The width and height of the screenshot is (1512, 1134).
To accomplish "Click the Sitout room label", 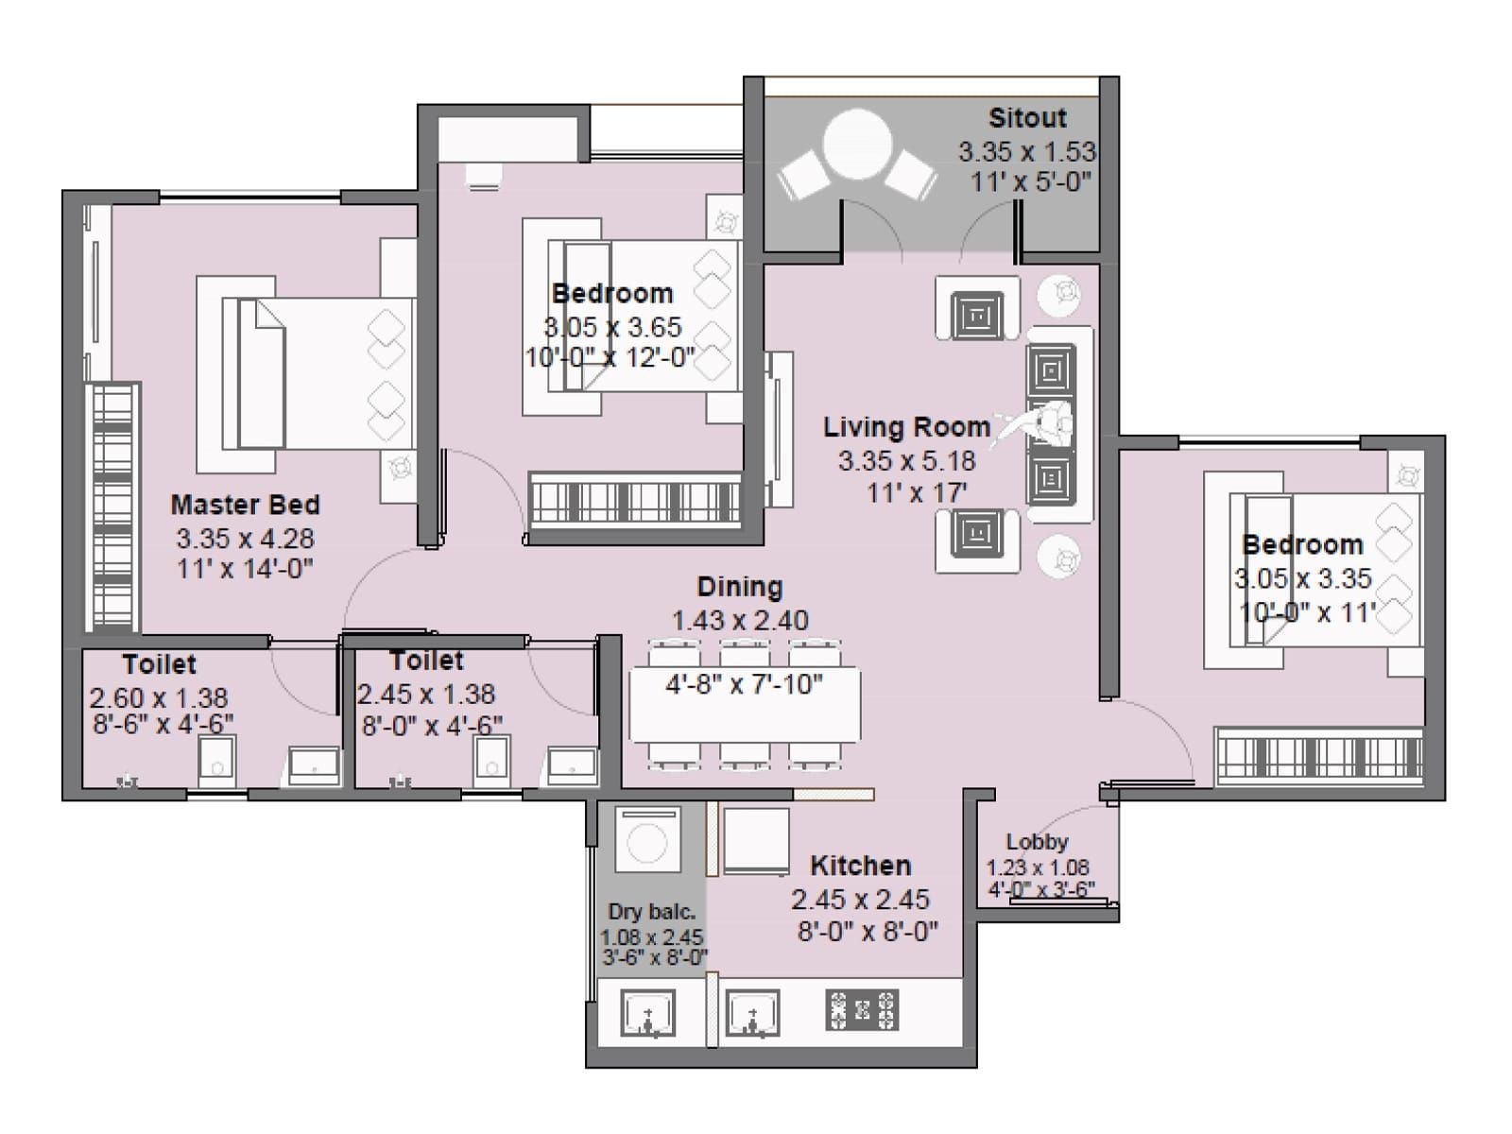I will coord(1027,118).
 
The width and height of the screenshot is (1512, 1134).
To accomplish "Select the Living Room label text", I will coord(906,427).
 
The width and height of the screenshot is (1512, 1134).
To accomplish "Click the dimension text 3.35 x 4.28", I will coord(245,539).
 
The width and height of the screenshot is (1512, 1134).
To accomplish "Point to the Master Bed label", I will coord(245,505).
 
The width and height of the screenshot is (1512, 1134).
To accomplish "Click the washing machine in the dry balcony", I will coord(648,839).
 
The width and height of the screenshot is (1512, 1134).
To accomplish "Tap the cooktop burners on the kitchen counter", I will coord(862,1010).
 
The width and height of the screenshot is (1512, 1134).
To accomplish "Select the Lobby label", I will coord(1037,842).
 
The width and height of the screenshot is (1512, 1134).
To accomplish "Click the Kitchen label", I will coord(861,866).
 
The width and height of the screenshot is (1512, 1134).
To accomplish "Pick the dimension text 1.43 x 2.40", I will coord(740,621).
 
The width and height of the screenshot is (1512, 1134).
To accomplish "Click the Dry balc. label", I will coord(652,912).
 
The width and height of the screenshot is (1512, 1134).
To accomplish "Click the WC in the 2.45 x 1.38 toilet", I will coord(491,761).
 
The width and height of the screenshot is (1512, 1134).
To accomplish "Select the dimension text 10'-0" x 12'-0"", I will coord(610,359).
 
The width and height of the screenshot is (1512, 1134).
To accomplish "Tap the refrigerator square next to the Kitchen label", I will coord(756,840).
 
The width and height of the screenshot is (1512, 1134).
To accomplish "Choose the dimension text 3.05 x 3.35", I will coord(1302,578).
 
